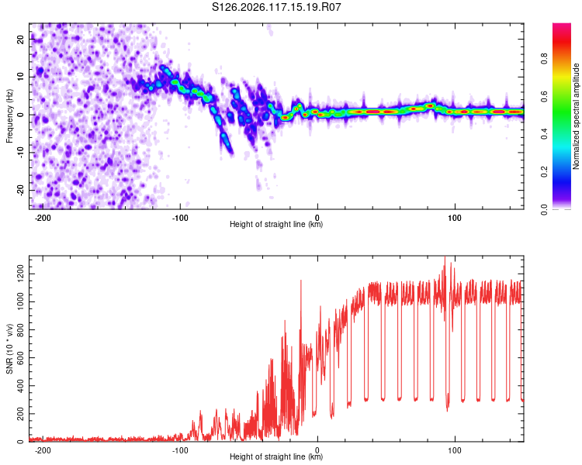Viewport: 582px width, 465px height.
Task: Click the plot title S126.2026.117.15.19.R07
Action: coord(276,7)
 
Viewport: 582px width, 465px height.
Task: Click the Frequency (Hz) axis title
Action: coord(9,116)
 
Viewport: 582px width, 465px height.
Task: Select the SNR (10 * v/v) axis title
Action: coord(9,349)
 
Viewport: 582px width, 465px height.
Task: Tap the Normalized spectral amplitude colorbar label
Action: coord(576,116)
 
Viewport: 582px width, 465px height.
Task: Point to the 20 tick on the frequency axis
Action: coord(20,39)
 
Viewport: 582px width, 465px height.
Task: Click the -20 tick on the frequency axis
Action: coord(20,190)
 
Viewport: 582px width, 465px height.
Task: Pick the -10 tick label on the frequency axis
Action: coord(20,153)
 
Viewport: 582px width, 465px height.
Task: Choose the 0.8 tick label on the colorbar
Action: coord(544,59)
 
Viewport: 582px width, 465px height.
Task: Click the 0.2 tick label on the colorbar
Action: coord(544,172)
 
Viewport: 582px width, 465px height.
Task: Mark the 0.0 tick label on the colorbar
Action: coord(544,209)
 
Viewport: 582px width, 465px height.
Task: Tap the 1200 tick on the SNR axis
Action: coord(20,274)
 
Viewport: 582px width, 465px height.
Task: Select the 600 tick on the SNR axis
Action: coord(20,358)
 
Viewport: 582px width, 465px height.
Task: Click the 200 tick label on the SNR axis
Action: coord(20,414)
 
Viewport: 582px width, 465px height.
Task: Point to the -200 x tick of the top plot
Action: coord(43,218)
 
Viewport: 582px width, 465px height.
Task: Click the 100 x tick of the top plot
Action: coord(454,218)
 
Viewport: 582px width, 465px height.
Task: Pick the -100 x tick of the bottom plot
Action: coord(180,450)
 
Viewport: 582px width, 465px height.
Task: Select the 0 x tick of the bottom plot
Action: coord(317,450)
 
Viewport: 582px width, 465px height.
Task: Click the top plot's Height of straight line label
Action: coord(276,224)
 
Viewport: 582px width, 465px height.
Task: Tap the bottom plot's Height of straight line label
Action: coord(276,456)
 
